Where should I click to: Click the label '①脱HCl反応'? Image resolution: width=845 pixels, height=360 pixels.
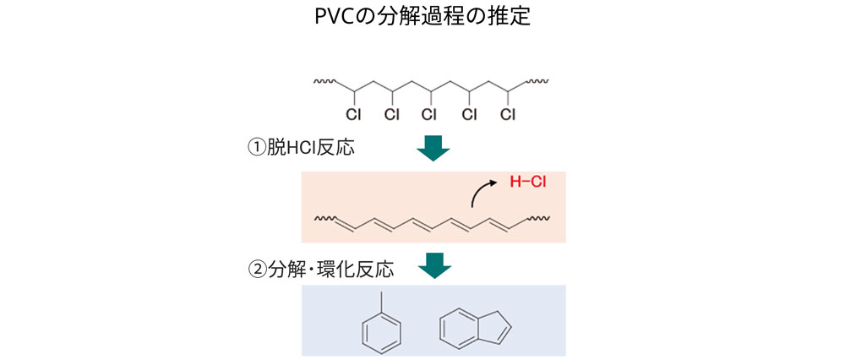pyautogui.click(x=301, y=148)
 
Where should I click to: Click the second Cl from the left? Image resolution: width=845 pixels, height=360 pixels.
pyautogui.click(x=391, y=115)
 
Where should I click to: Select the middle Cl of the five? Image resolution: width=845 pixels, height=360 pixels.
pyautogui.click(x=430, y=115)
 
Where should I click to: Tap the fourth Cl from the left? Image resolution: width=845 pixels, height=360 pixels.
pyautogui.click(x=469, y=115)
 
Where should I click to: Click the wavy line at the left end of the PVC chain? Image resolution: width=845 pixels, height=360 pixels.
pyautogui.click(x=325, y=83)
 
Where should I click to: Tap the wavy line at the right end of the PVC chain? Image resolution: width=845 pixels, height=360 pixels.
pyautogui.click(x=537, y=83)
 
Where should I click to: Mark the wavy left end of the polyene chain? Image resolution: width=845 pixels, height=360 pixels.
pyautogui.click(x=325, y=221)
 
